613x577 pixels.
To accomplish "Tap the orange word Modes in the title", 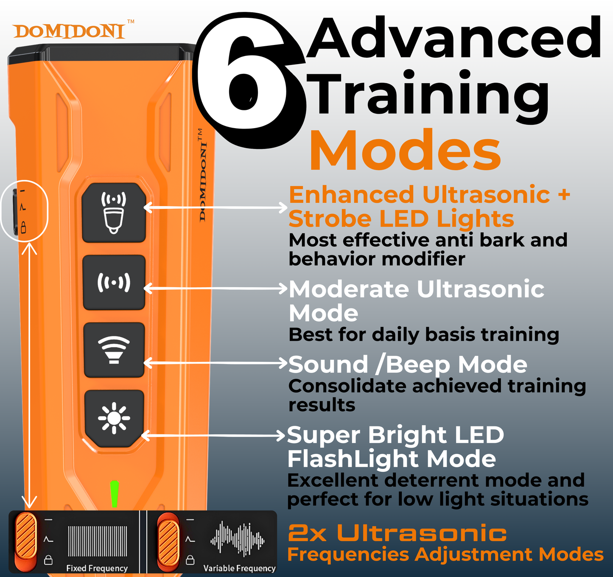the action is tap(405, 150).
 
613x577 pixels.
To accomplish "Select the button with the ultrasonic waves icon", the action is tap(114, 283).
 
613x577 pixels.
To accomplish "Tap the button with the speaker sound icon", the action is tap(114, 350).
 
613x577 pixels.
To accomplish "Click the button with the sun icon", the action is tap(114, 418).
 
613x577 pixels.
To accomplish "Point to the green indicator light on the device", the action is tap(115, 494).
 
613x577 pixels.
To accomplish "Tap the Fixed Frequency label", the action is tap(97, 569).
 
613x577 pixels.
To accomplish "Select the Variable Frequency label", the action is tap(239, 569).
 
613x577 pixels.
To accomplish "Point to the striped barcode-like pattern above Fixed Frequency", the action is tap(97, 541).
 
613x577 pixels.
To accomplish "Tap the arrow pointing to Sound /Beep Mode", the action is tap(216, 363).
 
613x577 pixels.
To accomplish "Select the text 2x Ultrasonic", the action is tap(397, 533).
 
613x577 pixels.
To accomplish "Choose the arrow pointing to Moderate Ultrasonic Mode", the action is tap(216, 288).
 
